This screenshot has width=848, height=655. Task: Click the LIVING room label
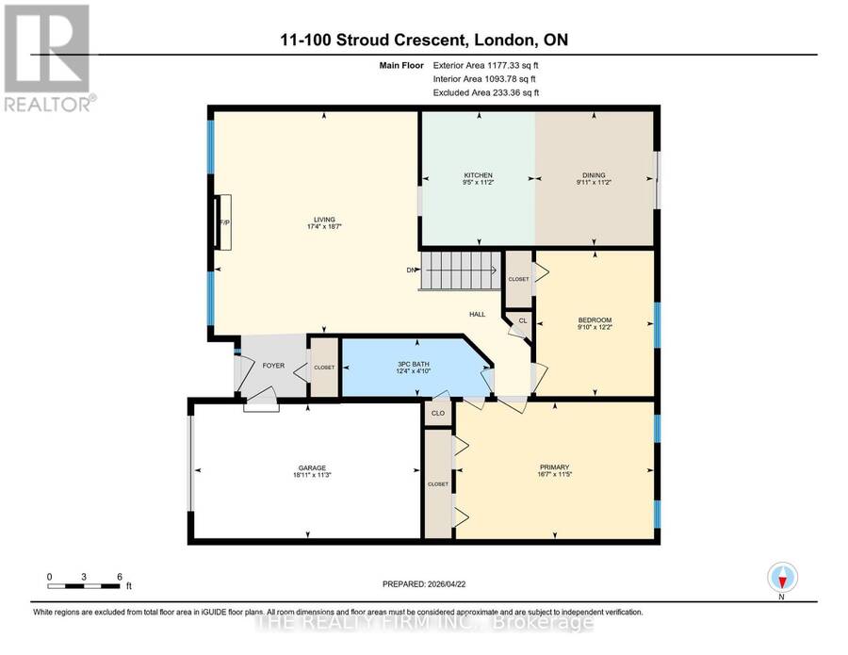click(324, 220)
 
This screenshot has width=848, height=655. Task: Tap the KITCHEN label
click(478, 175)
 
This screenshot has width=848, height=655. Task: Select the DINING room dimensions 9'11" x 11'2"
click(594, 183)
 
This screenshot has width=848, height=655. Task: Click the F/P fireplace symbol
click(223, 222)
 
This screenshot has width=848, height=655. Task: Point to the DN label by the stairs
click(412, 270)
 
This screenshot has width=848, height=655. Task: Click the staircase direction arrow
click(459, 270)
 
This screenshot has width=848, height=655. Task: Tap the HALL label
click(477, 314)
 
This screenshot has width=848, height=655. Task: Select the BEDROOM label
click(595, 320)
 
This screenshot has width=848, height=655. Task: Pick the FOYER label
click(273, 366)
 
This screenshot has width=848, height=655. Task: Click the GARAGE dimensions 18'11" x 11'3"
click(312, 475)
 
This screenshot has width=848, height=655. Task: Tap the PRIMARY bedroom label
click(554, 467)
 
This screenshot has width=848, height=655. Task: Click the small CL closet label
click(522, 320)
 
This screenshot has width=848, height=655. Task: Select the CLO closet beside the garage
click(438, 413)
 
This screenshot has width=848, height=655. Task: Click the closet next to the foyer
click(324, 368)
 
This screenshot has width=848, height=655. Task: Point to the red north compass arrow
click(781, 581)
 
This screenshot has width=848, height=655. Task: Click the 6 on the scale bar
click(120, 577)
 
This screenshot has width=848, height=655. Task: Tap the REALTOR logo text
click(49, 104)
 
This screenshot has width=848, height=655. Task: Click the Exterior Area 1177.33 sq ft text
click(485, 65)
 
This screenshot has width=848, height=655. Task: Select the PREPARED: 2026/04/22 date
click(424, 584)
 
